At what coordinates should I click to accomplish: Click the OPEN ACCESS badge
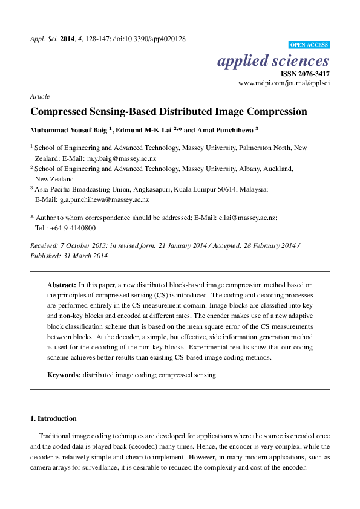pos(309,45)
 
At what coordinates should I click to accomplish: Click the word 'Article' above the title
pos(39,96)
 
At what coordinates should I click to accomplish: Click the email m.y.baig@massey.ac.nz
pos(122,158)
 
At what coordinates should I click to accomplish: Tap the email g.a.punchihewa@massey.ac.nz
pos(100,199)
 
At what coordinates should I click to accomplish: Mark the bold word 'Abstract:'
pos(61,284)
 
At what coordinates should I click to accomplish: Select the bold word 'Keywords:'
pos(64,375)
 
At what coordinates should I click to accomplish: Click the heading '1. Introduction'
pos(53,418)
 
